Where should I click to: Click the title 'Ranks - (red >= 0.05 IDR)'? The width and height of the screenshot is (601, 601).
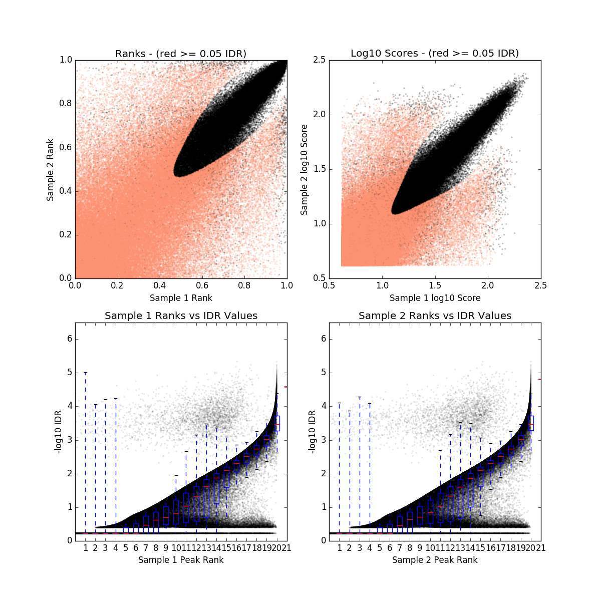point(181,54)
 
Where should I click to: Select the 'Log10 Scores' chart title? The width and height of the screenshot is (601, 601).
point(435,53)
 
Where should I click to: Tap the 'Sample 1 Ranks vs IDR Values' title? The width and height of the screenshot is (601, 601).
point(181,316)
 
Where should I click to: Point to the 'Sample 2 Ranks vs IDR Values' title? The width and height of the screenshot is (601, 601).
point(435,316)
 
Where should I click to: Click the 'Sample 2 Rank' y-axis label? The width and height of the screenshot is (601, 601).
point(50,170)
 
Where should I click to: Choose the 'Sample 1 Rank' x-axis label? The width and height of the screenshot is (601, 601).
point(181,298)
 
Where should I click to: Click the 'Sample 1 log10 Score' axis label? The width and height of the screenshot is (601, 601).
point(435,298)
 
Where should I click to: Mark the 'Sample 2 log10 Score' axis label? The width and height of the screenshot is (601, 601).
point(304,170)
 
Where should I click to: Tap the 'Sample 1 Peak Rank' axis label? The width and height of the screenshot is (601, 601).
point(181,560)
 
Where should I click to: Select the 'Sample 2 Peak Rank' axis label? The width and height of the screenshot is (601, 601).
point(435,560)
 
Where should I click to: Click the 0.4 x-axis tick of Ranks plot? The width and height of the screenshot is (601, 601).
point(160,285)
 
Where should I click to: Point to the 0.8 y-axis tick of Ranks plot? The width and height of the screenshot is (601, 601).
point(65,104)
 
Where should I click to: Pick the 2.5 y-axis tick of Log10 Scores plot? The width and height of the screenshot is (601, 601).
point(319,60)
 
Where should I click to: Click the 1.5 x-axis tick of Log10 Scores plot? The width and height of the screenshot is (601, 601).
point(435,285)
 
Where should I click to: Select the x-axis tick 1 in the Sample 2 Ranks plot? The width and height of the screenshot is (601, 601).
point(340,548)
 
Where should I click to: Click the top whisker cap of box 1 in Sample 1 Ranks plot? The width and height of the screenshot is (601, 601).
point(86,373)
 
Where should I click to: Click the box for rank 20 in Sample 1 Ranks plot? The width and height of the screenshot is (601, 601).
point(277,423)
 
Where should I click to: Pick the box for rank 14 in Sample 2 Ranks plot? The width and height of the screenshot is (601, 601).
point(471,490)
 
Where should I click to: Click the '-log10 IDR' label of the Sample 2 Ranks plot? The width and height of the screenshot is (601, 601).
point(312,432)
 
